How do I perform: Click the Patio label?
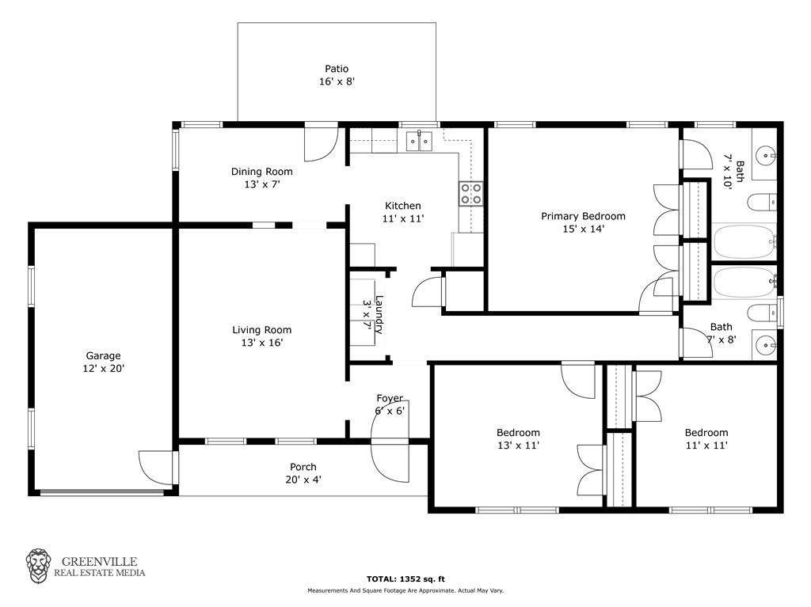click(337, 69)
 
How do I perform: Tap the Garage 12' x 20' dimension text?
click(104, 369)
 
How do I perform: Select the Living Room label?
click(261, 330)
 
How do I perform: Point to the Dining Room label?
click(261, 172)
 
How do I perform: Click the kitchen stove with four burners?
click(471, 194)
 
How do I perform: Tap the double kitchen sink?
click(419, 141)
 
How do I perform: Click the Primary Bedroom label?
click(583, 216)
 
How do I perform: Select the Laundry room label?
click(379, 314)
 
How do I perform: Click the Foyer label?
click(390, 398)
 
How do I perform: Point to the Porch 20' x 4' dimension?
click(303, 480)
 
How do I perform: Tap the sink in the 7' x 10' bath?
click(765, 154)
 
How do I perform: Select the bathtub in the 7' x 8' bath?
click(744, 283)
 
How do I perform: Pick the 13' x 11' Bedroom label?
click(518, 433)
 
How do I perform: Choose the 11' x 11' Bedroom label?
click(706, 433)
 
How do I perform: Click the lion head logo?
click(38, 567)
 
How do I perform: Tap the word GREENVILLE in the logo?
click(99, 562)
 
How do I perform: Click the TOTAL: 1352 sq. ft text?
click(405, 579)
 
